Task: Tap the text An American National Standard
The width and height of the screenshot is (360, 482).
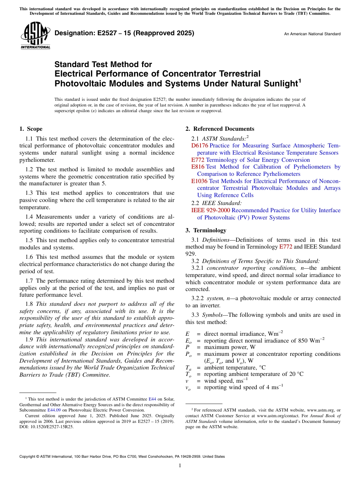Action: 312,34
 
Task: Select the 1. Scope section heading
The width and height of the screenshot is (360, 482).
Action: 31,129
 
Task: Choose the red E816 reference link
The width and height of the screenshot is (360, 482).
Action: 198,167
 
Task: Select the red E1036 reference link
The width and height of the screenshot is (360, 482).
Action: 199,181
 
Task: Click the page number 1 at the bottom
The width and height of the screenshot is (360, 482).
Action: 180,466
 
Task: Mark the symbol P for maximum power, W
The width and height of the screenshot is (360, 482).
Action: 187,347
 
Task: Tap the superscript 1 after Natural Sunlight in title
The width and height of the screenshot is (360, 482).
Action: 299,80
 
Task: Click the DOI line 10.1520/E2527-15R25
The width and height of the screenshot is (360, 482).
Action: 47,426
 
